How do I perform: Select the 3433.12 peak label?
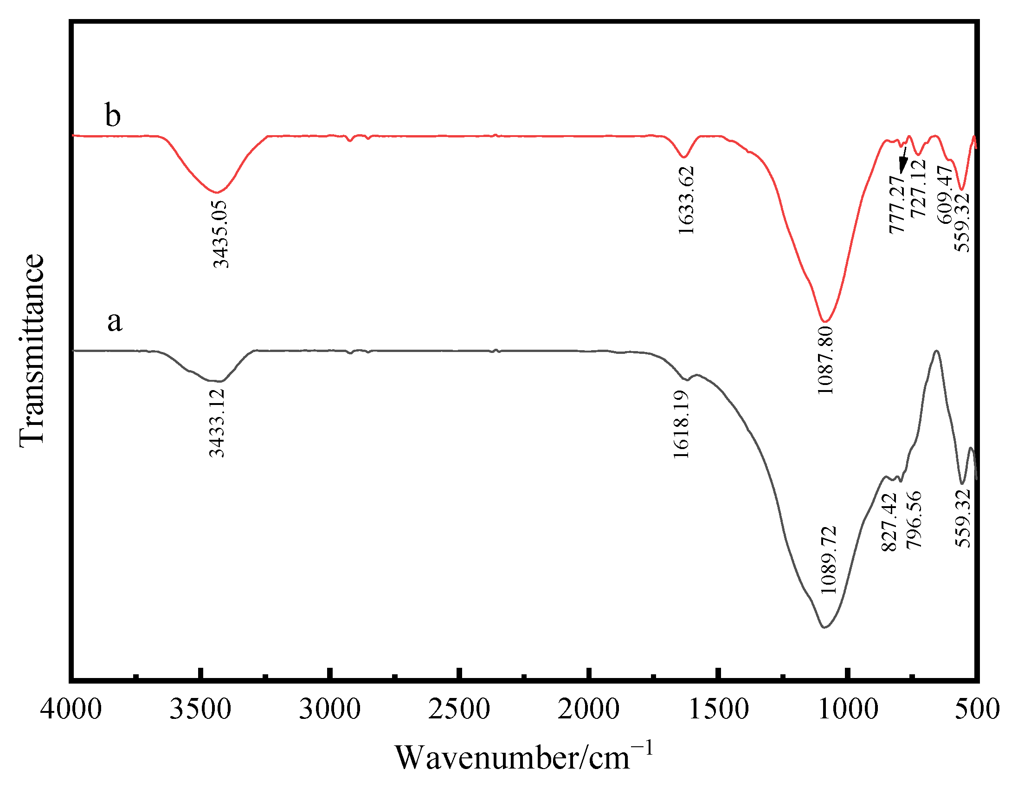click(x=217, y=423)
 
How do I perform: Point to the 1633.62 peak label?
click(x=686, y=200)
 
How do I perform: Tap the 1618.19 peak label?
click(x=681, y=424)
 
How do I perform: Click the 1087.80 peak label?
click(x=826, y=360)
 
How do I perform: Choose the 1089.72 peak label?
click(x=829, y=560)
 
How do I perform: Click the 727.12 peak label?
click(x=918, y=188)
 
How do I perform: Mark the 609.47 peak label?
click(x=945, y=195)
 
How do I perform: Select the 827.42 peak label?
click(x=889, y=522)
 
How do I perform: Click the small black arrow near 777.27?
click(x=903, y=160)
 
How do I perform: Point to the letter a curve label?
click(x=115, y=321)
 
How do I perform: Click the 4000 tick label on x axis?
click(x=71, y=710)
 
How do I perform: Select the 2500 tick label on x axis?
click(x=459, y=710)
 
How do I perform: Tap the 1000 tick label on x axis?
click(x=848, y=710)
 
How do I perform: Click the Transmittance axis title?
click(x=32, y=351)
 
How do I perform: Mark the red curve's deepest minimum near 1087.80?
click(x=825, y=321)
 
